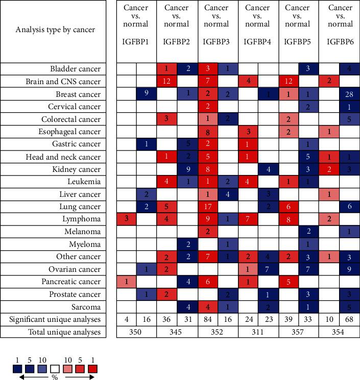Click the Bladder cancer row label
(75, 69)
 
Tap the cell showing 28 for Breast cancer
(349, 94)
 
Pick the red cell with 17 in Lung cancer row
(207, 207)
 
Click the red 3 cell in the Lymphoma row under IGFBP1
(126, 219)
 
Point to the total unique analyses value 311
(258, 332)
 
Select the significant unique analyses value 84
(207, 319)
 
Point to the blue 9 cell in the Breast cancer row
(147, 94)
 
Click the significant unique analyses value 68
(349, 319)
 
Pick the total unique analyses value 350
(136, 332)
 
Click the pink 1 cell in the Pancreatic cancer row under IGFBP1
(126, 282)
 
